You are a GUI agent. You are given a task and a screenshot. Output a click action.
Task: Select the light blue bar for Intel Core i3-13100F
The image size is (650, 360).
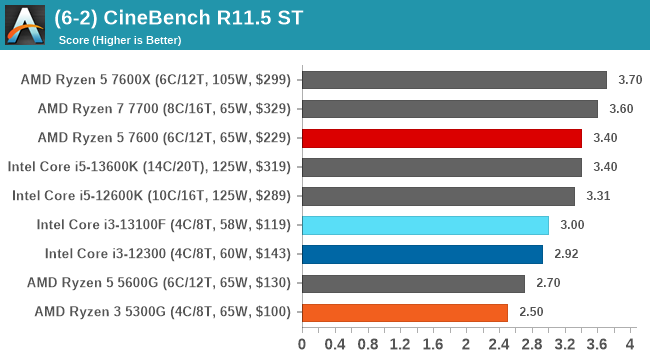click(425, 225)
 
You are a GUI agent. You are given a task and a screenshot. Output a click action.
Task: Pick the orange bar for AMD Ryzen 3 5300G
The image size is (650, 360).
click(404, 312)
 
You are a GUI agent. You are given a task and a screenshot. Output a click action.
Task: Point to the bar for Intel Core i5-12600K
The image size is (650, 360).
click(438, 196)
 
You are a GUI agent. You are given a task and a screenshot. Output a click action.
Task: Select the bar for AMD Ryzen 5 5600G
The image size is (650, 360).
click(413, 283)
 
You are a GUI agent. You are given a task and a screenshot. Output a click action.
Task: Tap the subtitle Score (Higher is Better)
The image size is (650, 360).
click(120, 40)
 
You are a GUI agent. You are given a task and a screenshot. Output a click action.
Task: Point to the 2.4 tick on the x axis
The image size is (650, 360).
click(499, 345)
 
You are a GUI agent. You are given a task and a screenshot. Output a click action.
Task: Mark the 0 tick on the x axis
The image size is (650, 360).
click(302, 345)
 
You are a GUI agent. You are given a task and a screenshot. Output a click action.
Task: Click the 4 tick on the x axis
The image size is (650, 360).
click(630, 345)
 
